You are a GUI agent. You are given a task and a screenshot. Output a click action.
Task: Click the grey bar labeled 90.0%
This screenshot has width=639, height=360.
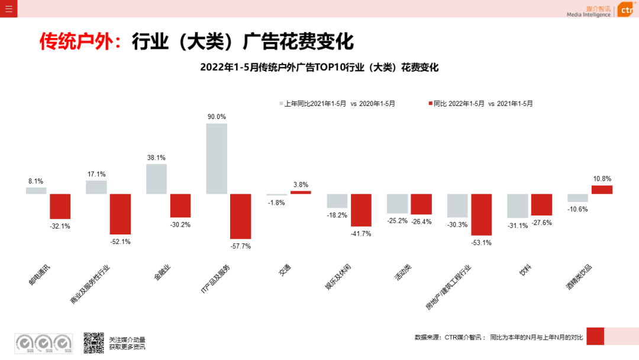tap(217, 158)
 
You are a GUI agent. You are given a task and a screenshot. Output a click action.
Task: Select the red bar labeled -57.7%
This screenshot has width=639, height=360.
tap(241, 216)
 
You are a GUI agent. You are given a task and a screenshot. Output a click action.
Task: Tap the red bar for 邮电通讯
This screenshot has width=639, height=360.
tap(60, 206)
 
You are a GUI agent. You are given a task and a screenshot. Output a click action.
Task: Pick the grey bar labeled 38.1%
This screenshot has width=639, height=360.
tap(156, 179)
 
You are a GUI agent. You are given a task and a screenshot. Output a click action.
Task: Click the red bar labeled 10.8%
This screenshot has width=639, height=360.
tap(602, 189)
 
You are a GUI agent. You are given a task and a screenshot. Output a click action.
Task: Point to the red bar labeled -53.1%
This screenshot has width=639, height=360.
tap(481, 214)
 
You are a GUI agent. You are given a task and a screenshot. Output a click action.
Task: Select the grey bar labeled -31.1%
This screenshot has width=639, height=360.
tap(517, 205)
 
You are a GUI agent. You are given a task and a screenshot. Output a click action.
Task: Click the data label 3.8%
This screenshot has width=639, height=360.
tap(301, 184)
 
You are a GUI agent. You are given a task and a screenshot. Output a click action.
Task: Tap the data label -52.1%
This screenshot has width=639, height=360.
tap(120, 242)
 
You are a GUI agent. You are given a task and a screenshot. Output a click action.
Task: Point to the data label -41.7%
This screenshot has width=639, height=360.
tap(361, 233)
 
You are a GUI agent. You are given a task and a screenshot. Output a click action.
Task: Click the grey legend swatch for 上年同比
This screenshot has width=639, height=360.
tap(281, 104)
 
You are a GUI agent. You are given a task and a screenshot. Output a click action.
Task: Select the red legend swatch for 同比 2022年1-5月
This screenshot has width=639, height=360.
tap(430, 104)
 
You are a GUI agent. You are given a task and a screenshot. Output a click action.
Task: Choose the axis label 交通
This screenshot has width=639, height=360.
tap(284, 272)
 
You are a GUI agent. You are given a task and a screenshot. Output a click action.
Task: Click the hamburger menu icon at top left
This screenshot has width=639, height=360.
tap(8, 8)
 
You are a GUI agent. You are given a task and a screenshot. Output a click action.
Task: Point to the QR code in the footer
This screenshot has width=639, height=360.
tap(93, 342)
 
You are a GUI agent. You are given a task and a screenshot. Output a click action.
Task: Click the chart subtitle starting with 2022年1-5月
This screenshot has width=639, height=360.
tap(319, 67)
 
